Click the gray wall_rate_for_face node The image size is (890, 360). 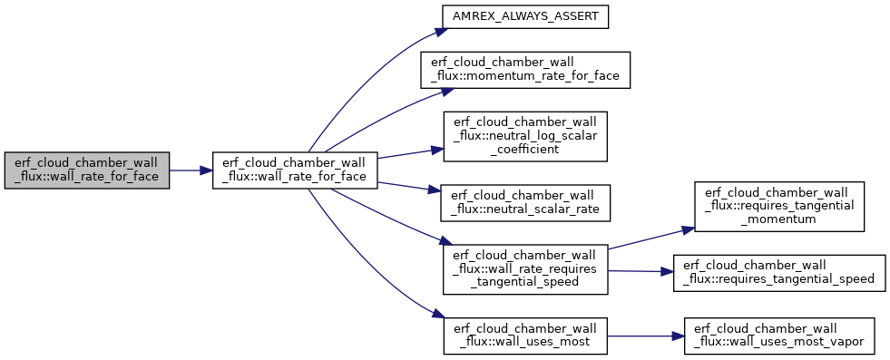tap(87, 170)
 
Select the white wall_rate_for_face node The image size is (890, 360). tap(295, 170)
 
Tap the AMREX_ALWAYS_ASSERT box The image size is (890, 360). tap(525, 17)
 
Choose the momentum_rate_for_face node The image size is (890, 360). tap(525, 70)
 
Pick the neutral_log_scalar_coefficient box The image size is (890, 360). tap(525, 136)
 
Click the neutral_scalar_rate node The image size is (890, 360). tap(525, 202)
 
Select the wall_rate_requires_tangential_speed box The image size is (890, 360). tap(525, 269)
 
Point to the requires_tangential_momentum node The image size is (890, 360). tap(779, 207)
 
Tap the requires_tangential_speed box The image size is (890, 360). tap(779, 273)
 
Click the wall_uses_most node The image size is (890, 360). tap(525, 336)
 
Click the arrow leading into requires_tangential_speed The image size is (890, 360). tap(641, 271)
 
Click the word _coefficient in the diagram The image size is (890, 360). tap(525, 149)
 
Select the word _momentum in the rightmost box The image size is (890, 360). tap(779, 219)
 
